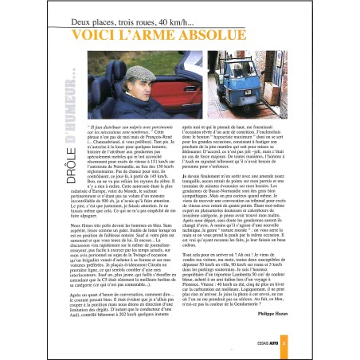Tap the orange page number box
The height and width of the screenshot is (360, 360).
tap(316, 343)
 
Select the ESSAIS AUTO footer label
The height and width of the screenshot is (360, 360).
tap(295, 343)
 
